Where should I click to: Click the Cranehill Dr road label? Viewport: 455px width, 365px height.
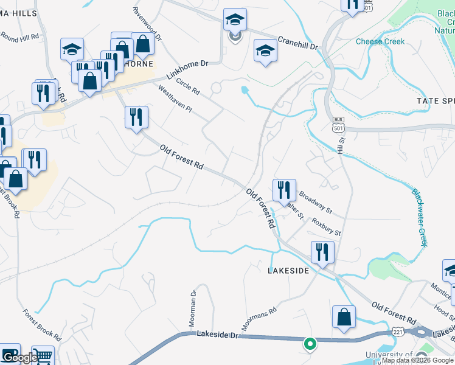(298, 43)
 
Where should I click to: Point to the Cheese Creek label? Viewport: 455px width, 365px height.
(380, 41)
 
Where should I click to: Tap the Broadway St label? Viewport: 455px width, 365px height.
(315, 203)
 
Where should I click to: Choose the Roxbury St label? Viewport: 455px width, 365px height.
(327, 228)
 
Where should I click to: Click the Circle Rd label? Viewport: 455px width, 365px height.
(188, 87)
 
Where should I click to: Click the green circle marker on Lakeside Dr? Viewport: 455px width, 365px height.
(310, 344)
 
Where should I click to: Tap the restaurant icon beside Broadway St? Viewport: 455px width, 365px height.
(284, 190)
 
